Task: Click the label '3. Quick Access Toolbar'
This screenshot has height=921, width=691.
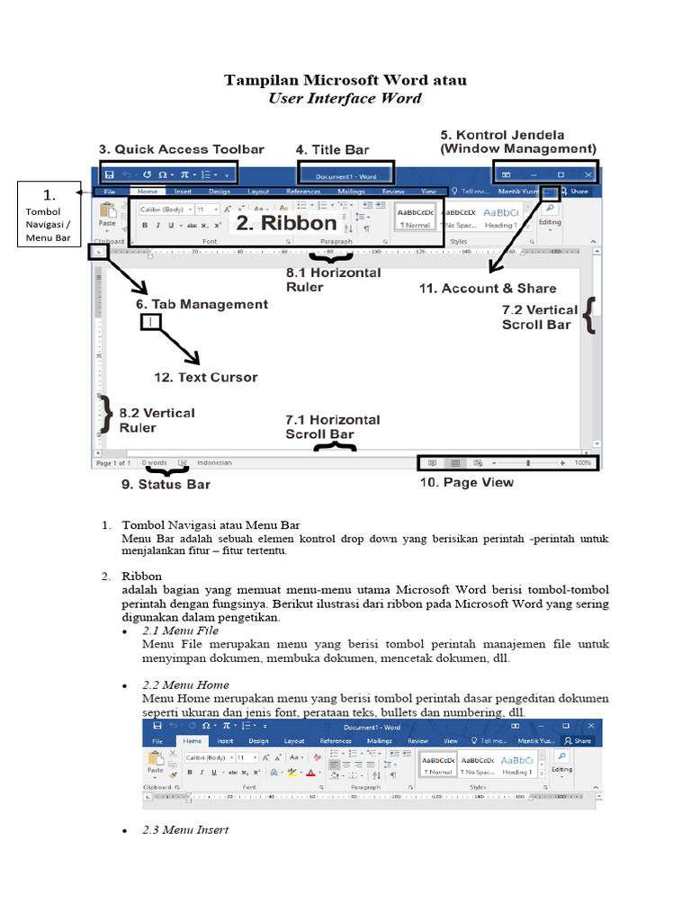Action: (181, 149)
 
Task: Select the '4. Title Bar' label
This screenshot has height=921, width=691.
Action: (333, 149)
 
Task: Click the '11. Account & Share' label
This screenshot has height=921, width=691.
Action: (488, 289)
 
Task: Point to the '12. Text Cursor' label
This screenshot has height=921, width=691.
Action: (205, 378)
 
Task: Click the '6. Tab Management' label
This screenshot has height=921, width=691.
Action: (202, 305)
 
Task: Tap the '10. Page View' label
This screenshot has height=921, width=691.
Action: (468, 482)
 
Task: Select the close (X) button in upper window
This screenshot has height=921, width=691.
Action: (588, 174)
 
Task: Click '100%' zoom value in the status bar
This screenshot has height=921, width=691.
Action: (583, 462)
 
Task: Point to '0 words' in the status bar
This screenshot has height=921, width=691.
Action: (153, 462)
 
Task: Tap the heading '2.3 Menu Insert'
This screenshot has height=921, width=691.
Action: (185, 829)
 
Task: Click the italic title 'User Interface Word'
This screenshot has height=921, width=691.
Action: (345, 98)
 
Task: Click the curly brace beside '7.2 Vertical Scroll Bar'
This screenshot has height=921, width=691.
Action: (589, 317)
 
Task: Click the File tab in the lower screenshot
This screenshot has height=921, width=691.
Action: (157, 741)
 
